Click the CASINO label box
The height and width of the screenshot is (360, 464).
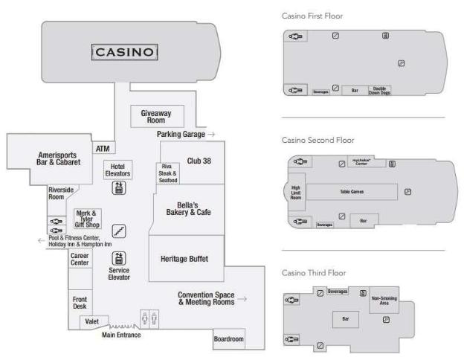(124, 52)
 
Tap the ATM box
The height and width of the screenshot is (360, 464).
(103, 148)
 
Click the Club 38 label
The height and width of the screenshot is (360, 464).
(199, 161)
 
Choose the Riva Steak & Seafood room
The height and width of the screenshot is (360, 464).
(167, 173)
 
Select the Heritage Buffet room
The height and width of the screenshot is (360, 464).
(184, 259)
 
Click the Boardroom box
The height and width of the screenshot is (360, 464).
(228, 339)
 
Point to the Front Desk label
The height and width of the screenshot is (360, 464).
(79, 303)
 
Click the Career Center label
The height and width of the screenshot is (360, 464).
(80, 259)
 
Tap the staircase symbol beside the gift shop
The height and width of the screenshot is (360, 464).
(118, 231)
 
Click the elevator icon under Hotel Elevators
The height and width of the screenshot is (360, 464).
(117, 188)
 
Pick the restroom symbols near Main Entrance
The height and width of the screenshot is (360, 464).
(149, 318)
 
